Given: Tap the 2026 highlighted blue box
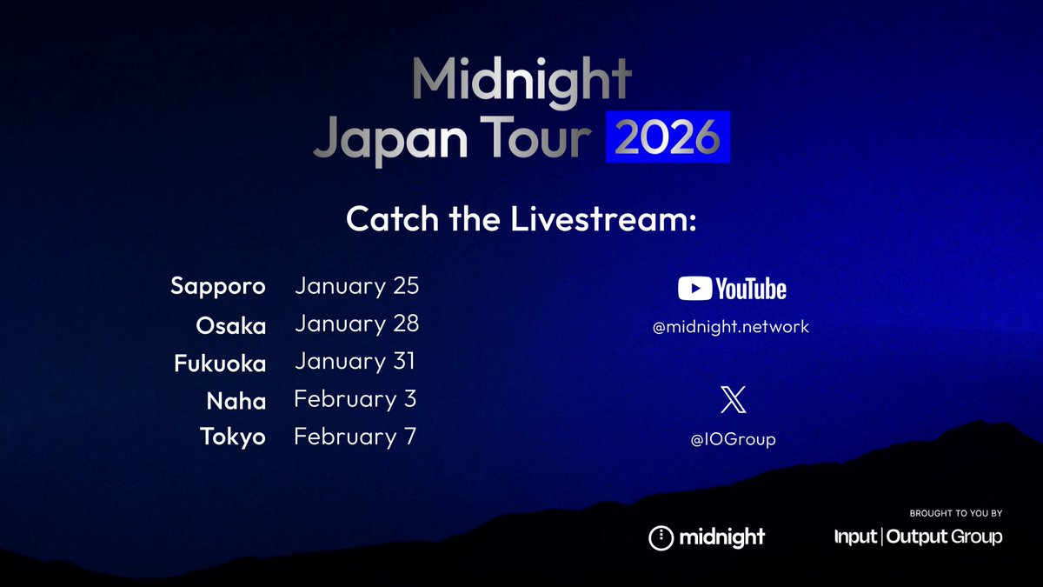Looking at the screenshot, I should (668, 137).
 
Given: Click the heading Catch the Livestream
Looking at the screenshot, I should (521, 219).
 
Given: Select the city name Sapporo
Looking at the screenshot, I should (218, 286).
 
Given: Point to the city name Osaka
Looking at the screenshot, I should (231, 324).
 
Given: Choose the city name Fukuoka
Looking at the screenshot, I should (220, 363).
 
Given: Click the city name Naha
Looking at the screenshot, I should (236, 400).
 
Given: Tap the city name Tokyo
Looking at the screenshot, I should (233, 437).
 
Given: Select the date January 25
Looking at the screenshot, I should (356, 286).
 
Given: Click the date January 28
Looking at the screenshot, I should (356, 324).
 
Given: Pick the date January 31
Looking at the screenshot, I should (355, 362).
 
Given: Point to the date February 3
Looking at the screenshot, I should (355, 399).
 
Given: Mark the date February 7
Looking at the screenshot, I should (355, 437).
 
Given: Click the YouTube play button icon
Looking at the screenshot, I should (694, 288).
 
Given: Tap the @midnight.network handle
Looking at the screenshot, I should (731, 327).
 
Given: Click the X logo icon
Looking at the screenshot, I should (733, 401).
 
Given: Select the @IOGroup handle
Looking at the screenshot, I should (733, 440).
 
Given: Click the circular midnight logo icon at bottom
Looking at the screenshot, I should (662, 537).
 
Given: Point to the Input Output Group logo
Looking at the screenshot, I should (918, 537).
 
